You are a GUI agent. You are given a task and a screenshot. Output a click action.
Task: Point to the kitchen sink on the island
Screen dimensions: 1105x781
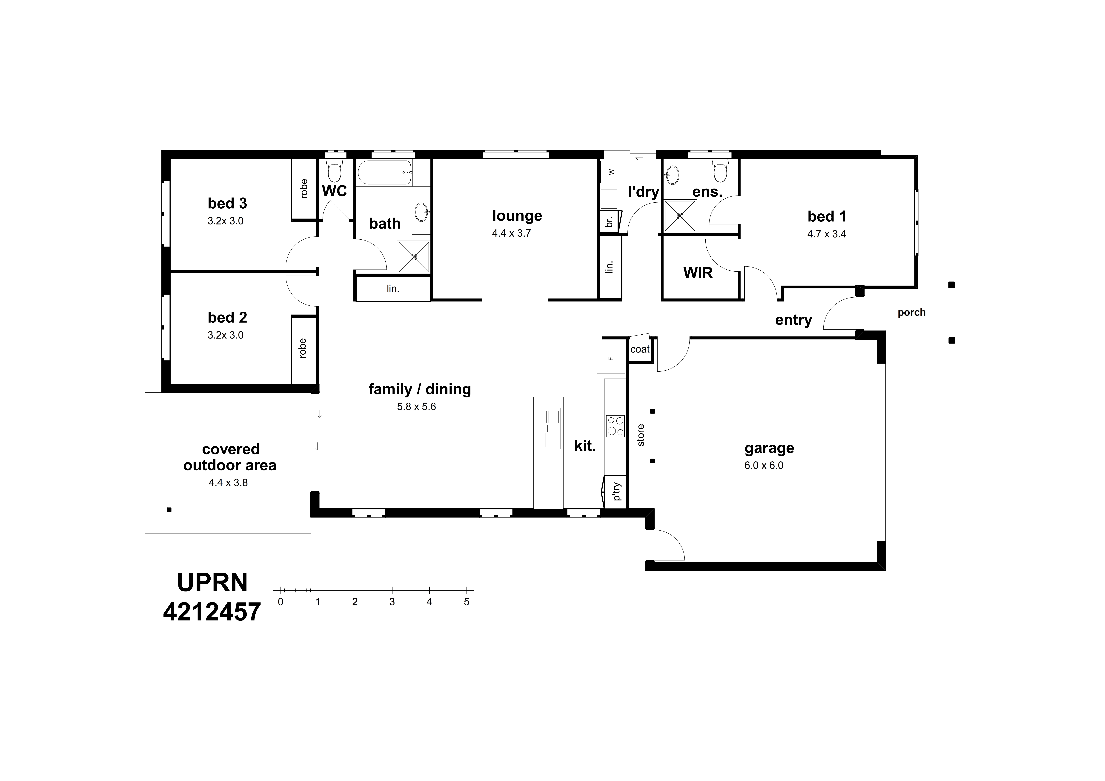tap(552, 428)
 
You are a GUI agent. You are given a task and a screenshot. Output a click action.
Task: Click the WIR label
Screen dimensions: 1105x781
tap(698, 273)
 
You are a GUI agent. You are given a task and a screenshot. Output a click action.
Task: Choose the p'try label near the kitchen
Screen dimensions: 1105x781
tap(617, 492)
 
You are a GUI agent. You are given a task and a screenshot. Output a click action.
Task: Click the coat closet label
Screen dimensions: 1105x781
tap(640, 349)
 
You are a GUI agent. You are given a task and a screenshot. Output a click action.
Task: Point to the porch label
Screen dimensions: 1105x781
tap(912, 312)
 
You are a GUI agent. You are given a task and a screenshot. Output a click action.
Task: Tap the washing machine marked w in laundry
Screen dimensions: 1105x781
tap(611, 172)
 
